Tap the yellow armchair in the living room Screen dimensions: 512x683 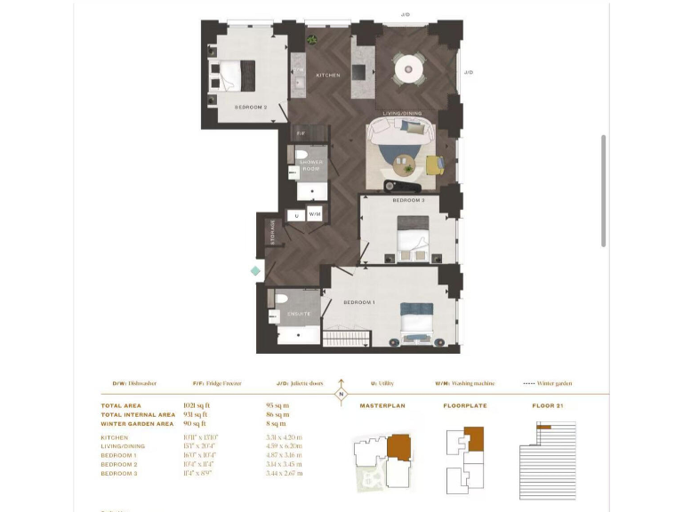[x=433, y=165]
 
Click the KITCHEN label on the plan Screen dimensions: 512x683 [x=328, y=76]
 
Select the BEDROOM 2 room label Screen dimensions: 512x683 [x=251, y=107]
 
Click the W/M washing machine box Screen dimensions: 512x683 [x=315, y=214]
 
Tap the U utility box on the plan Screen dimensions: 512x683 [x=295, y=214]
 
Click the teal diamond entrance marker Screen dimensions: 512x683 [x=256, y=270]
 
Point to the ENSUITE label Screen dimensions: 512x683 [x=298, y=314]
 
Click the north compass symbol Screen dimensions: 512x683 [x=341, y=395]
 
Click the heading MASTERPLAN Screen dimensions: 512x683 [x=382, y=406]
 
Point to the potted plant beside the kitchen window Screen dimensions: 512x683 [x=312, y=40]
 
